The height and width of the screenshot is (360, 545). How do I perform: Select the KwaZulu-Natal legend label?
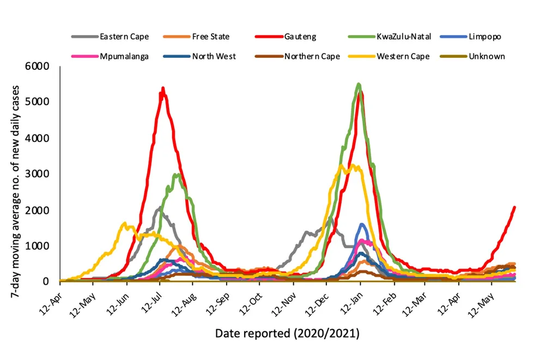click(x=403, y=37)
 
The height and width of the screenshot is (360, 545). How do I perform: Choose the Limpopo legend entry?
click(x=485, y=37)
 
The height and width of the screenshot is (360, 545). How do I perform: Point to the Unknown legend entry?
click(x=487, y=56)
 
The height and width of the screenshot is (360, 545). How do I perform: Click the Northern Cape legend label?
click(x=312, y=56)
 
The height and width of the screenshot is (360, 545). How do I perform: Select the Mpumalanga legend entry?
click(x=124, y=56)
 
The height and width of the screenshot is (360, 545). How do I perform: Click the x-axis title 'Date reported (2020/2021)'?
click(x=287, y=332)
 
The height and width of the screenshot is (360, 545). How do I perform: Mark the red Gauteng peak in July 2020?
click(x=162, y=88)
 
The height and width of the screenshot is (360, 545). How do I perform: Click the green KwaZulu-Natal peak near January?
click(x=358, y=84)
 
